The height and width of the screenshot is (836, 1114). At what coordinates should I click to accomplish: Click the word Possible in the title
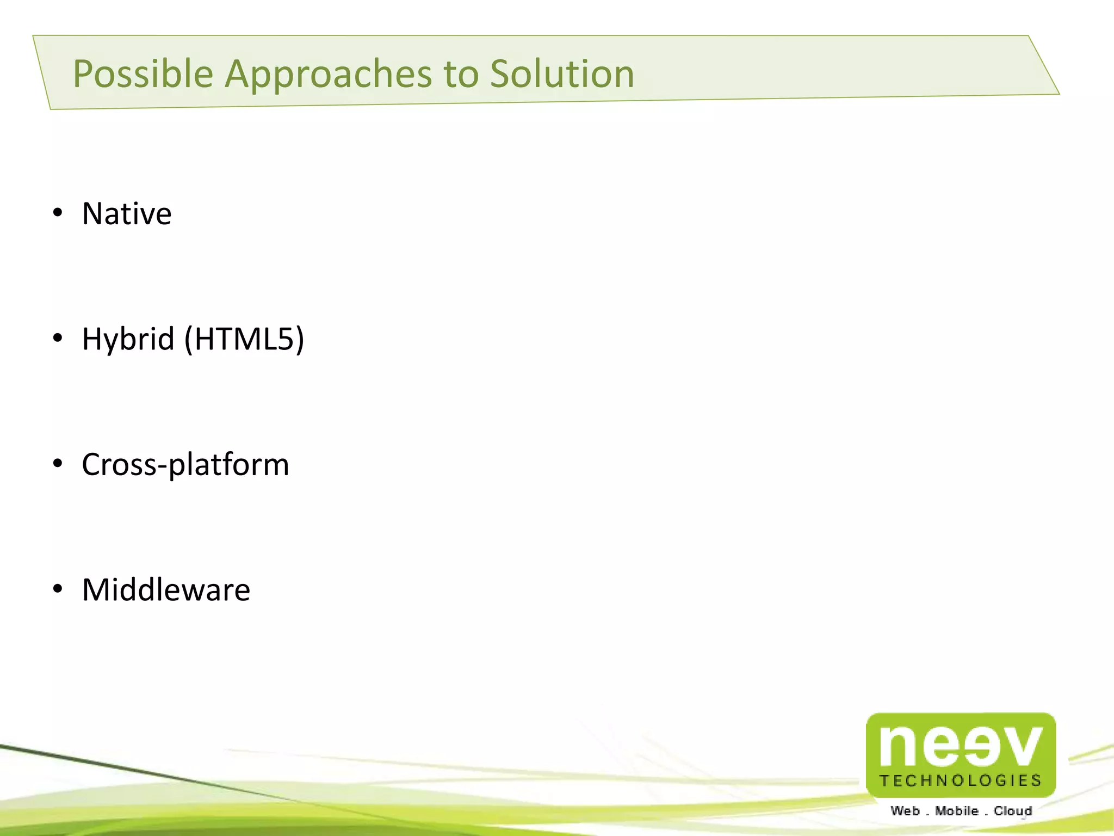(x=143, y=74)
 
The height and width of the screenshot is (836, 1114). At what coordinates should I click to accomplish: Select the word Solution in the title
(x=562, y=74)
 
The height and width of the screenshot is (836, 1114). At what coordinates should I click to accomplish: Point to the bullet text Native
(x=127, y=213)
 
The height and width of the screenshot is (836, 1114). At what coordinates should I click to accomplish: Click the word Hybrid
(x=128, y=340)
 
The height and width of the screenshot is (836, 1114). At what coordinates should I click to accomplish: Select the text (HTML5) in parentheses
(x=244, y=340)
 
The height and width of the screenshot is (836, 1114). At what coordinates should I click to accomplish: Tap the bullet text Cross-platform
(x=185, y=465)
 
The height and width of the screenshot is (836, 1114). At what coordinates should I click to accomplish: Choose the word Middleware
(x=166, y=590)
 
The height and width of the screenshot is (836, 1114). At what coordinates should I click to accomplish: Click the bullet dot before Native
(x=58, y=213)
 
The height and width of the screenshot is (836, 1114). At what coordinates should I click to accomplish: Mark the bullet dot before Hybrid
(x=58, y=339)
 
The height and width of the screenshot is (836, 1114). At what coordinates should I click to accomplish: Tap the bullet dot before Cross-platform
(x=58, y=464)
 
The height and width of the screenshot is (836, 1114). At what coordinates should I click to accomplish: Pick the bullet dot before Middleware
(x=58, y=589)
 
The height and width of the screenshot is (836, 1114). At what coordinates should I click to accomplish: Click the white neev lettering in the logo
(x=960, y=746)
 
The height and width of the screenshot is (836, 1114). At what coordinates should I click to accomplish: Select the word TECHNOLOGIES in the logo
(x=961, y=781)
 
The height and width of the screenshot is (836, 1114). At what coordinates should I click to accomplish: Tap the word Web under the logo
(x=905, y=811)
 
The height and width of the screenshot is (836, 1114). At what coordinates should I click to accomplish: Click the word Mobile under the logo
(x=957, y=811)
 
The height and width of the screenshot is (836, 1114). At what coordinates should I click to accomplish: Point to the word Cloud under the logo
(x=1013, y=811)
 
